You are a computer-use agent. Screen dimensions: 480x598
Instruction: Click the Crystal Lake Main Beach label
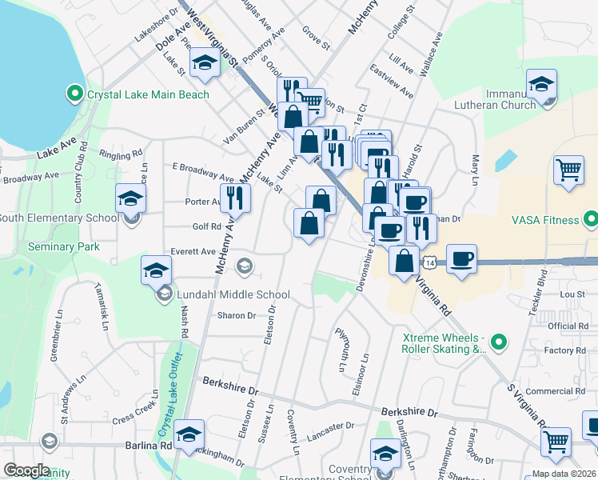(x=148, y=94)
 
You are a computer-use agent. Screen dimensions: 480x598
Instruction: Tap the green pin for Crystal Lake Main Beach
(x=75, y=94)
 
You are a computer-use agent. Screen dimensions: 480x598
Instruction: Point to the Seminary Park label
(x=64, y=246)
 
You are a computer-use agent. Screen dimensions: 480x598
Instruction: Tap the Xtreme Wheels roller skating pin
(x=499, y=342)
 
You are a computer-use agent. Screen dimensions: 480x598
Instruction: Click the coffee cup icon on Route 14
(x=462, y=259)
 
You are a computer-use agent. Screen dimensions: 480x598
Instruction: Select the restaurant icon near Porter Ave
(x=235, y=197)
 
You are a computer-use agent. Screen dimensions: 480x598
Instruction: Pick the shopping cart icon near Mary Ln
(x=568, y=169)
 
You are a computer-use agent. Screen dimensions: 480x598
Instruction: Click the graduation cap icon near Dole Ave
(x=205, y=63)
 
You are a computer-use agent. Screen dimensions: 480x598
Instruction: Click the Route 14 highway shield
(x=430, y=262)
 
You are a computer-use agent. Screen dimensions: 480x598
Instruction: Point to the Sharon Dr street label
(x=237, y=315)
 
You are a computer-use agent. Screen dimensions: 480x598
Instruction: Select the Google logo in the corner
(x=27, y=470)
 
